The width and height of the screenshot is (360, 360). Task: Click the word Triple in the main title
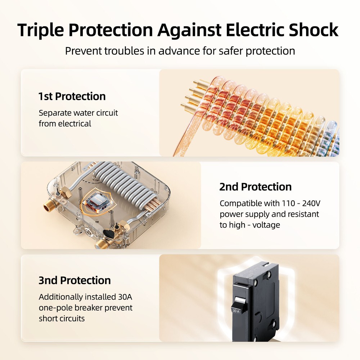click(40, 30)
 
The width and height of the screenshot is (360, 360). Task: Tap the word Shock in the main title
click(314, 30)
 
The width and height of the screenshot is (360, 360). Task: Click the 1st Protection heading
click(72, 96)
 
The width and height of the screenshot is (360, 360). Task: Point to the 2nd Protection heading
click(255, 187)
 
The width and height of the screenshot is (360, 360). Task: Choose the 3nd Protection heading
click(75, 280)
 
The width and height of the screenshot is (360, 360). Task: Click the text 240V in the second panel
click(311, 203)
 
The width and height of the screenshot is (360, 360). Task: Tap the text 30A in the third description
click(125, 297)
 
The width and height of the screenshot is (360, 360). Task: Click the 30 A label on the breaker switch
click(236, 311)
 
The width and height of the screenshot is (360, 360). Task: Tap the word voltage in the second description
click(266, 225)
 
